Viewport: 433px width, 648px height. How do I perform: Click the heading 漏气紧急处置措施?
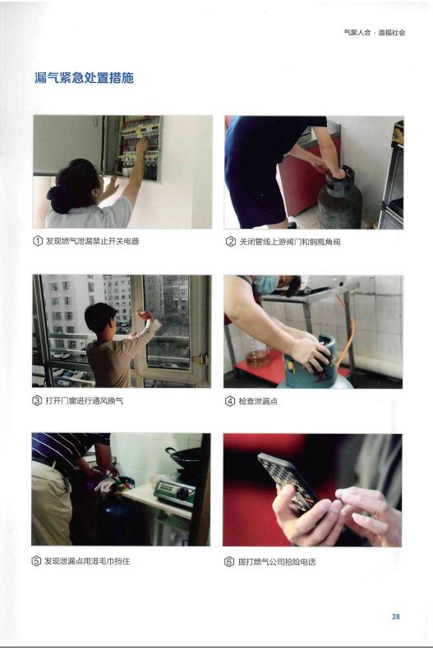(84, 78)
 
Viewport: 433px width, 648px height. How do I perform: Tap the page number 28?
(396, 616)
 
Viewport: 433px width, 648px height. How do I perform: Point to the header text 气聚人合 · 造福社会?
(375, 32)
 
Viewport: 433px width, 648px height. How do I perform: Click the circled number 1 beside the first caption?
(38, 241)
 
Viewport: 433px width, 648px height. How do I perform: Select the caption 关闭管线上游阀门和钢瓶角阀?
(290, 242)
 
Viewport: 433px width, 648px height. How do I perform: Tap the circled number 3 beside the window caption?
(37, 400)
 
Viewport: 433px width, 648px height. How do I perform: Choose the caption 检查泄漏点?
(258, 401)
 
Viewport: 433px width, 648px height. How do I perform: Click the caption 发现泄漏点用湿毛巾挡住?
(87, 561)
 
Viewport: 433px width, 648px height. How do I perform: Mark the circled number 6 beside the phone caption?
(229, 562)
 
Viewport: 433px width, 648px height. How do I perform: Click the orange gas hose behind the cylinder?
(346, 326)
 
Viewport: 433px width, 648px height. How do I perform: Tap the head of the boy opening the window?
(100, 318)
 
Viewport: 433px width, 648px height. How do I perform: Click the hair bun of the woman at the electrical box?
(60, 199)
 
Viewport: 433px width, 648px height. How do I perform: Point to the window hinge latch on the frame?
(200, 359)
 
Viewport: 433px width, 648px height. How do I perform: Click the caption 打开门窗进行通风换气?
(84, 400)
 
